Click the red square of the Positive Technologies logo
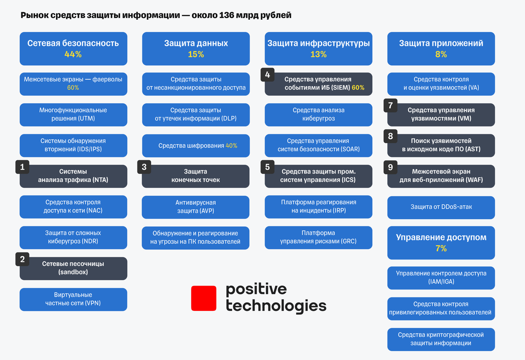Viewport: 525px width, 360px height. click(x=204, y=298)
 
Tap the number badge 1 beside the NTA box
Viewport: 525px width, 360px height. click(x=22, y=167)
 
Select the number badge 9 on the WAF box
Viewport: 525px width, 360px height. click(x=390, y=167)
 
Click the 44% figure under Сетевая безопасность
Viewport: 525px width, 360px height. click(x=73, y=54)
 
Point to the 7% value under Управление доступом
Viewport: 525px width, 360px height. click(x=441, y=248)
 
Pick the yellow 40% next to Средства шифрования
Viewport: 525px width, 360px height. click(x=231, y=145)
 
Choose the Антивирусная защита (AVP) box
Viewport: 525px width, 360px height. click(x=196, y=207)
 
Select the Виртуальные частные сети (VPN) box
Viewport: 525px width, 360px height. click(x=73, y=299)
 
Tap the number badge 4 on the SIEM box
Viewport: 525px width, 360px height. click(x=268, y=75)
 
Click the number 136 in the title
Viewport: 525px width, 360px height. click(x=227, y=15)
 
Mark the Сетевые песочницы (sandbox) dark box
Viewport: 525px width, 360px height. click(x=73, y=268)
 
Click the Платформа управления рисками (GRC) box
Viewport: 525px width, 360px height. click(x=318, y=237)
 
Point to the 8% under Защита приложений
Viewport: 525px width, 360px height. click(x=441, y=54)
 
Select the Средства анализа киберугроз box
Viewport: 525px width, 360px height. click(x=318, y=115)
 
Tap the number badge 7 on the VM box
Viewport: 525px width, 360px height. click(x=390, y=105)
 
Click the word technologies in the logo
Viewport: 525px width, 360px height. click(x=276, y=306)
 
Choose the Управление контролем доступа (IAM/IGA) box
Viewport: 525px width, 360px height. click(x=441, y=278)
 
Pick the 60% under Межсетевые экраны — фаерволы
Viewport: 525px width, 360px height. click(x=73, y=88)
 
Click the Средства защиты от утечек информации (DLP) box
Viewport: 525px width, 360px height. click(x=196, y=115)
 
